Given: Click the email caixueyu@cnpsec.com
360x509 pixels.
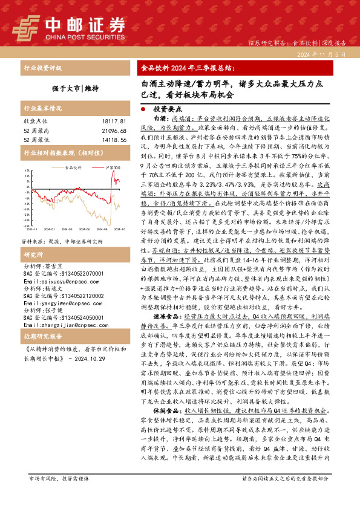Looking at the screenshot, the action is click(x=54, y=265).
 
